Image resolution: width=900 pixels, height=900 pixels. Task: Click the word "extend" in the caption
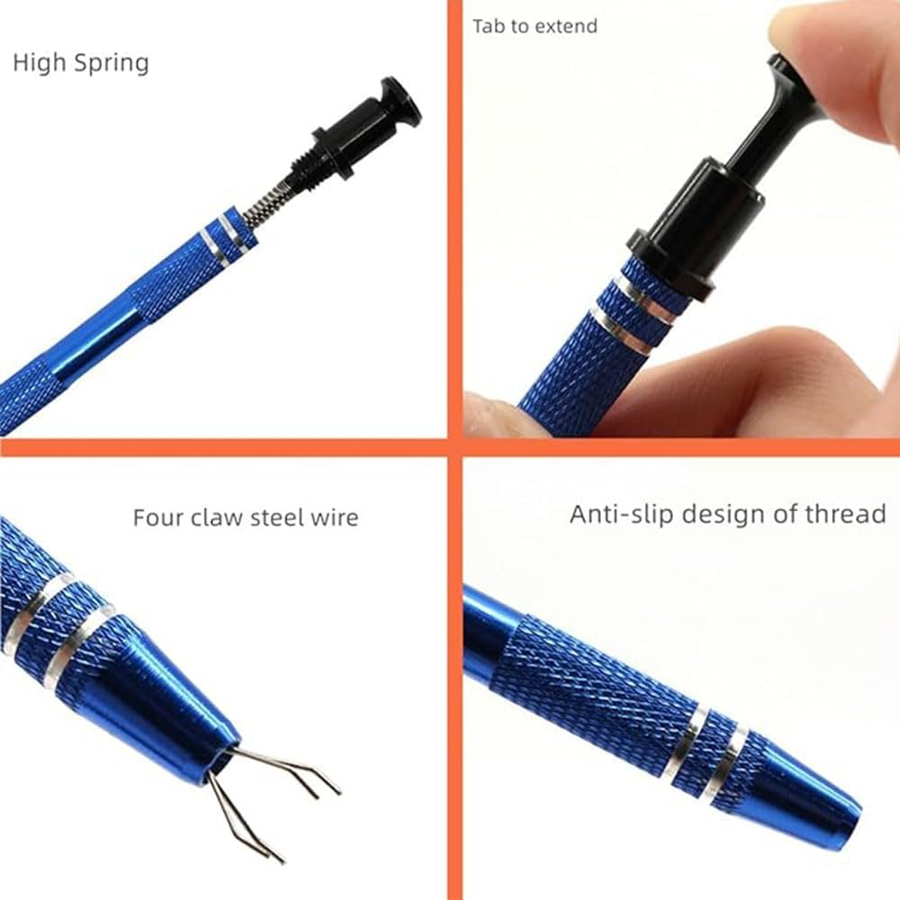568,26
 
